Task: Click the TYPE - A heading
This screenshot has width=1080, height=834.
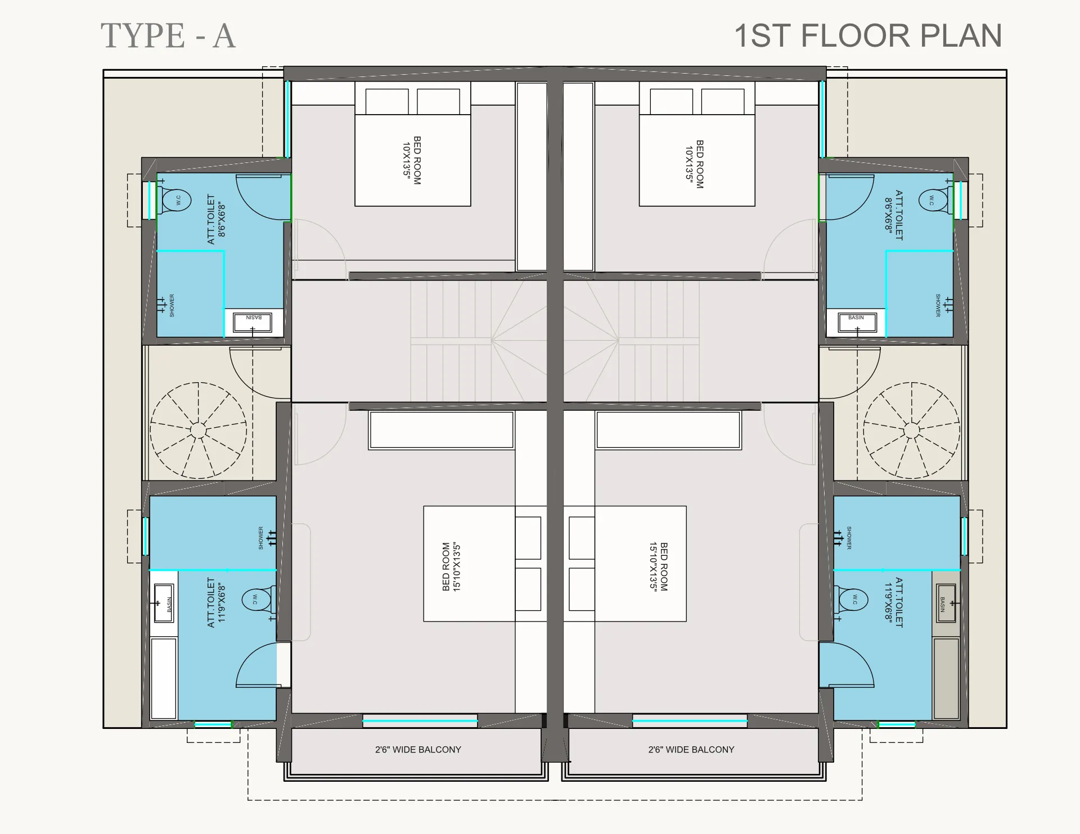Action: [168, 36]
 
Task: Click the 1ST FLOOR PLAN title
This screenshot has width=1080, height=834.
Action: [867, 36]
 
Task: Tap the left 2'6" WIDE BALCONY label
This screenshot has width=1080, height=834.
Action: [418, 750]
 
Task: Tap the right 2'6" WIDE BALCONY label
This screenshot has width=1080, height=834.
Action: [691, 750]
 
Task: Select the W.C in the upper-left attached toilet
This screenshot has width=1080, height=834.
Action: [175, 200]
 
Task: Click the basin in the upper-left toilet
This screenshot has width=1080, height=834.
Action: [253, 323]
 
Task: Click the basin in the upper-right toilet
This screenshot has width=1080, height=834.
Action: [856, 323]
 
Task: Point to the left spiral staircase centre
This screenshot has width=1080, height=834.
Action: [198, 430]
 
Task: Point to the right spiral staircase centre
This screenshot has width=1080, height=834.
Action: [911, 430]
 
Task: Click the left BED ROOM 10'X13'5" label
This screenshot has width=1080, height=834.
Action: [412, 160]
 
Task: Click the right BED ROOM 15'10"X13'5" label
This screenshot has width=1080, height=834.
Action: [658, 566]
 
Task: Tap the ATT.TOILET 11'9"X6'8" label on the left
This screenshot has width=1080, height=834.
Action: [216, 602]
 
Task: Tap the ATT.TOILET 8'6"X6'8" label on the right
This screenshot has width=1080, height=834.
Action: [893, 215]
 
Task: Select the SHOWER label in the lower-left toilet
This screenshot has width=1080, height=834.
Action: [261, 538]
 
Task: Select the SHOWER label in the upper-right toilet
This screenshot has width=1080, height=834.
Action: [938, 305]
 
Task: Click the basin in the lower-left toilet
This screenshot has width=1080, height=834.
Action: [164, 603]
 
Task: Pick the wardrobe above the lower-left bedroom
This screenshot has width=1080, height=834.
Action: [442, 430]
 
